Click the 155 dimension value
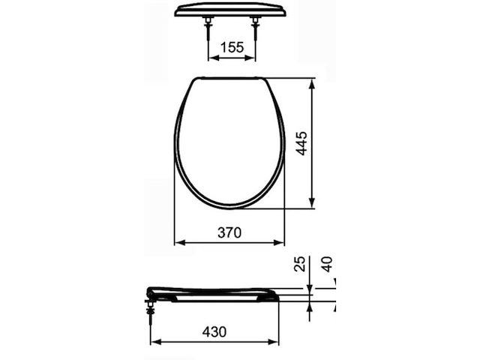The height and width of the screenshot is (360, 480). coord(232,46)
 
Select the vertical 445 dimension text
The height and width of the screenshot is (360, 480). coord(302,142)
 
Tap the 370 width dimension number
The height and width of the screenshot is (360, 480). coord(229,233)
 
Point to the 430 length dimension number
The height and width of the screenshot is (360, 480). coord(214,331)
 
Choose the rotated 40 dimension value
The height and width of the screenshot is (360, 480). coord(326,264)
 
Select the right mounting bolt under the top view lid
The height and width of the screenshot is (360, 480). coord(256,29)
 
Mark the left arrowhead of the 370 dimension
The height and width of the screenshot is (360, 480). coord(178,243)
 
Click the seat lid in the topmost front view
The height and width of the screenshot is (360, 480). coord(232,9)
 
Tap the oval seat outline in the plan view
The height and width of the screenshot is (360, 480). coord(229,142)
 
